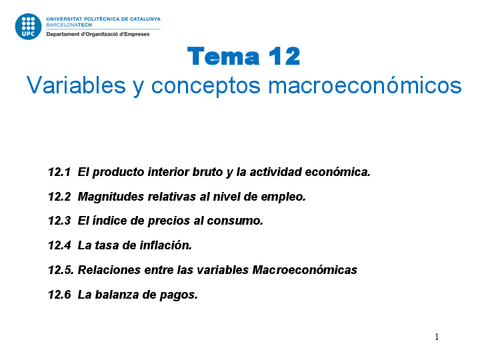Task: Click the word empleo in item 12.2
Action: (x=281, y=196)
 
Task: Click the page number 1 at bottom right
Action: (x=437, y=337)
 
